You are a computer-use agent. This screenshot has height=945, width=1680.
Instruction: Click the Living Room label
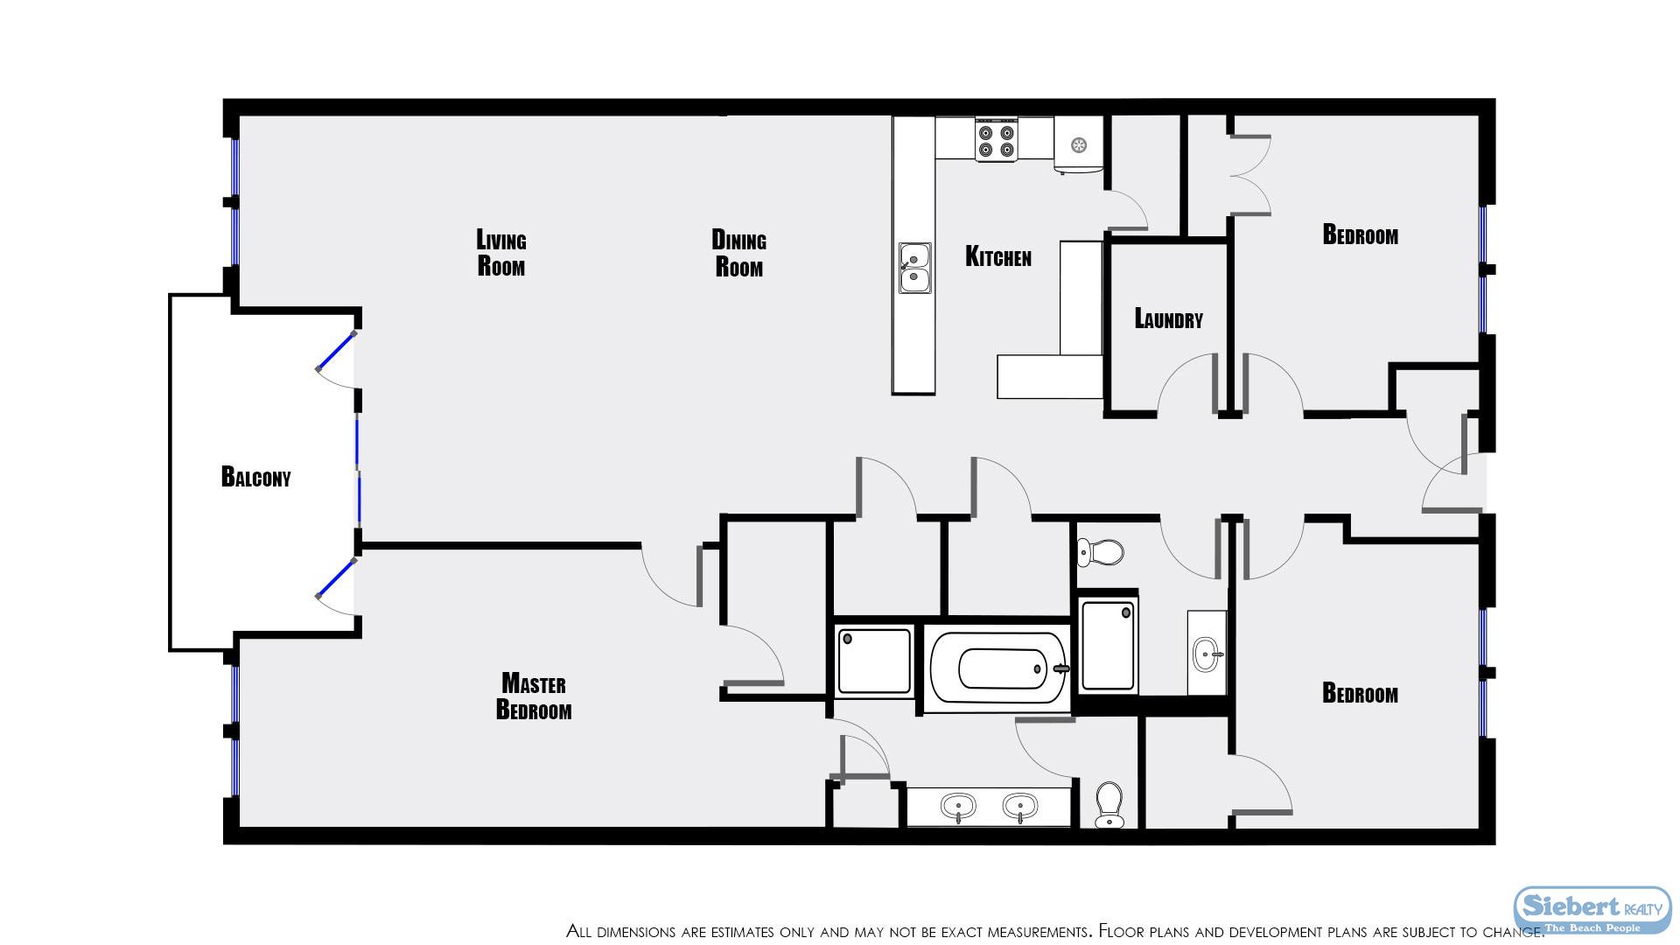tap(501, 253)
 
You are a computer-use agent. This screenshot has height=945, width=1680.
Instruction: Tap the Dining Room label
tap(739, 253)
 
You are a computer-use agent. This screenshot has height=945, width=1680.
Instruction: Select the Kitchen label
tap(998, 256)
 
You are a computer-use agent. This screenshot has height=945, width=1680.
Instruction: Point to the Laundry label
tap(1168, 318)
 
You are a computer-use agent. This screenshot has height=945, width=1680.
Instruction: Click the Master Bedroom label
tap(534, 696)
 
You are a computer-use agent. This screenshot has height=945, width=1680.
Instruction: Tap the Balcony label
tap(255, 477)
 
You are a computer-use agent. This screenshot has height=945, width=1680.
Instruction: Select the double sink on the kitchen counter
tap(914, 268)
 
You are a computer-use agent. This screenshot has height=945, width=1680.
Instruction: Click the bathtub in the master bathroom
tap(997, 669)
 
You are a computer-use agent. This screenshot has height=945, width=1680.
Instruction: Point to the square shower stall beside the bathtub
tap(874, 661)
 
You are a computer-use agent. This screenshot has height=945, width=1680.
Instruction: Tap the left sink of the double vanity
tap(958, 806)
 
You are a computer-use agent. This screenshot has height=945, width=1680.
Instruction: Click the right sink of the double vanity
tap(1019, 806)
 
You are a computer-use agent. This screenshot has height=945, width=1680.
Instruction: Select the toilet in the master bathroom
tap(1109, 804)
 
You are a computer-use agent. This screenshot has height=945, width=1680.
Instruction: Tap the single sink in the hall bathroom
tap(1208, 653)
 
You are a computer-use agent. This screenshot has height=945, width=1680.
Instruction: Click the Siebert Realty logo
tap(1592, 912)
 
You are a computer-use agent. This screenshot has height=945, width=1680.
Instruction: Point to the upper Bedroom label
tap(1360, 234)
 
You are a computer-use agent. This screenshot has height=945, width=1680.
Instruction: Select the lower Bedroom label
tap(1360, 693)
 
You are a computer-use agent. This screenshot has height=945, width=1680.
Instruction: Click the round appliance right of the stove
tap(1079, 143)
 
